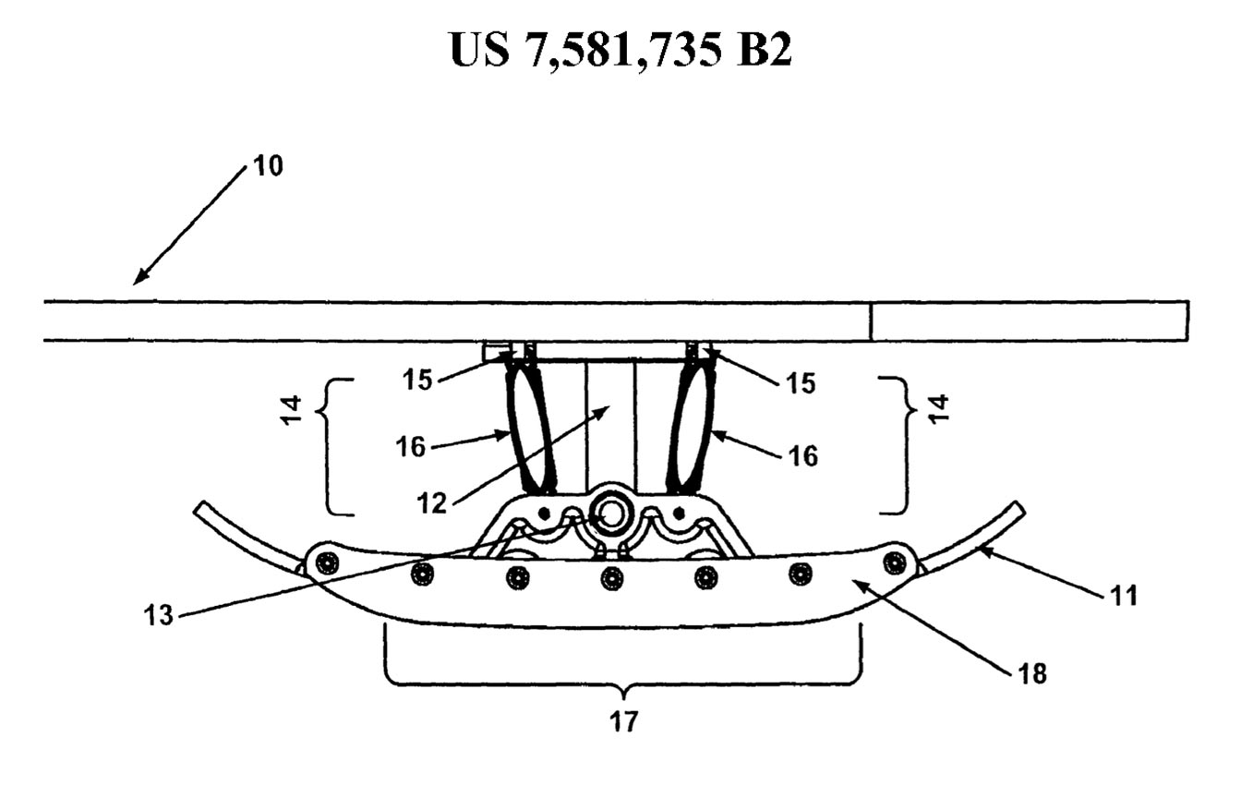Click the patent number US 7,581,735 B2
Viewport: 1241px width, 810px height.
[x=620, y=50]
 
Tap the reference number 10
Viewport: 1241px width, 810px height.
[x=268, y=165]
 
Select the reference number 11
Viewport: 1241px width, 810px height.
[x=1124, y=596]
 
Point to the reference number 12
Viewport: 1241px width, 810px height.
[x=431, y=503]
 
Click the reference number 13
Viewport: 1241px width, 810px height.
[x=159, y=615]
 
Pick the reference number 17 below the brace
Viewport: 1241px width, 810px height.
[x=624, y=722]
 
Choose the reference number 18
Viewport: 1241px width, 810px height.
[x=1032, y=674]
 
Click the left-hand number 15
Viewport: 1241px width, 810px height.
[x=417, y=381]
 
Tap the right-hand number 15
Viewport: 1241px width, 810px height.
[x=801, y=383]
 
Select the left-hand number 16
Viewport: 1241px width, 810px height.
[x=411, y=446]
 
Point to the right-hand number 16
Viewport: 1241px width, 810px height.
[x=802, y=456]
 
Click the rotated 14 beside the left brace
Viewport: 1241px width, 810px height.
[x=292, y=410]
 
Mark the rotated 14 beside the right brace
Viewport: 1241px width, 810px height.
[x=938, y=409]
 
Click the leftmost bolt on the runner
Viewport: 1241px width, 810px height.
[x=327, y=564]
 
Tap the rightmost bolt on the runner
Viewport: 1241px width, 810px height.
[x=894, y=562]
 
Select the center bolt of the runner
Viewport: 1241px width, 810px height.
[x=611, y=579]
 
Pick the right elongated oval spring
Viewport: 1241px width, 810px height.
[x=692, y=429]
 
